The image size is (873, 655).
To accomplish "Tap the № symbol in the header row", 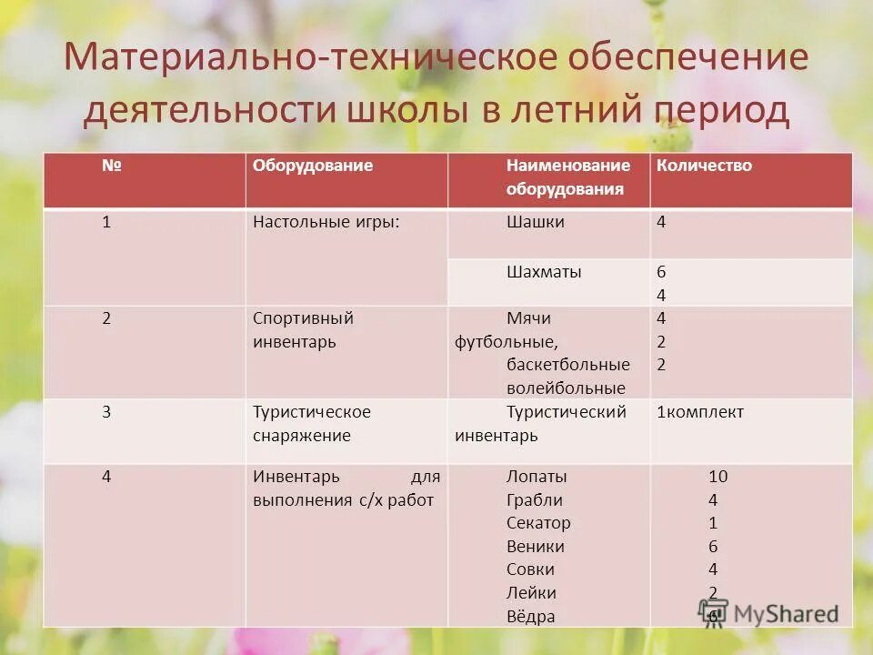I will [112, 166].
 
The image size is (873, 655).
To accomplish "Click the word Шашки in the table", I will [536, 222].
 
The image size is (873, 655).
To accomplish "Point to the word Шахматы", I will [544, 271].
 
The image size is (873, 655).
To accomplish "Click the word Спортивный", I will [303, 318].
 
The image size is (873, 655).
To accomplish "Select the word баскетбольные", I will [568, 365].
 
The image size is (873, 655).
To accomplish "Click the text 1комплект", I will [700, 412].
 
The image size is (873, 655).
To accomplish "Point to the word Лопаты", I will [537, 476].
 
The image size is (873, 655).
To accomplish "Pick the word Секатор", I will [538, 523].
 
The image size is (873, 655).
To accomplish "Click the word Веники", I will [536, 547].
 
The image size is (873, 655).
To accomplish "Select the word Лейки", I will [531, 593].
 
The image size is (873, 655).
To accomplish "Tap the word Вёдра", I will [531, 617].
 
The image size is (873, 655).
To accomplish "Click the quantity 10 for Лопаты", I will [718, 476].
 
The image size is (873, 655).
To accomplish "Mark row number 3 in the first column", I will [106, 412].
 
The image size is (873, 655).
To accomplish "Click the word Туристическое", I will [312, 412].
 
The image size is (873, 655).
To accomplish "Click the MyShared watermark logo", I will [768, 612].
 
